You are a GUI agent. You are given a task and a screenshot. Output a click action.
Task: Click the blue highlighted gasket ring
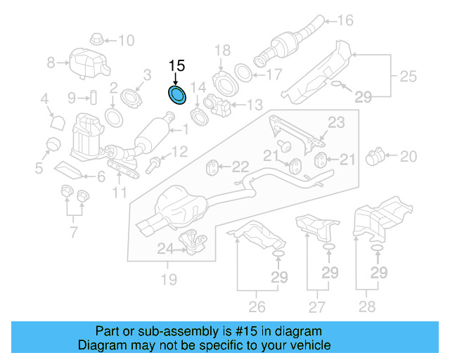176,94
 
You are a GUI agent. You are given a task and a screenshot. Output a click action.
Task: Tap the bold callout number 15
176,65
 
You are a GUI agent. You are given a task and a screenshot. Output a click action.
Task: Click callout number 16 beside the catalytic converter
345,20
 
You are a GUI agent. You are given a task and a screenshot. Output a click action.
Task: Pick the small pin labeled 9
91,97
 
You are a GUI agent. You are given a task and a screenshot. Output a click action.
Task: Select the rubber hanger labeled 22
210,167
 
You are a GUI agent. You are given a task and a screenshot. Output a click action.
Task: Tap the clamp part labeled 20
378,154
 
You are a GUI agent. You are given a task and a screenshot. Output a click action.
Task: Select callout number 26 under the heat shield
257,306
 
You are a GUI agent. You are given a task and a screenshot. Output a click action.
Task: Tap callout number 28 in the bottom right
366,306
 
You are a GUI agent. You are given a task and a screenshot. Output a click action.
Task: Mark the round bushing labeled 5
51,145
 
